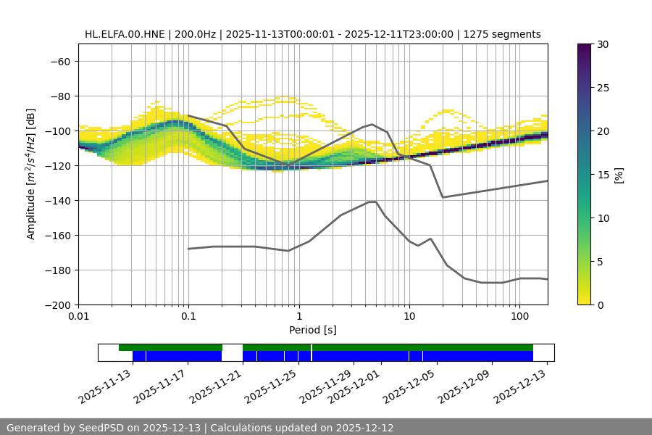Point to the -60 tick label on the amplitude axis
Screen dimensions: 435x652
point(59,62)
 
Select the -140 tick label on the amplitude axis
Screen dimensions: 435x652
point(56,201)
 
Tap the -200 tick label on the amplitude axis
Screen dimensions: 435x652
point(56,305)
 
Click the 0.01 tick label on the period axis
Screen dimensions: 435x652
point(78,317)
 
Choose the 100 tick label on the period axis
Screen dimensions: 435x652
point(519,317)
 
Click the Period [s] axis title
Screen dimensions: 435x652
point(313,330)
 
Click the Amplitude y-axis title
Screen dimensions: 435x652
point(31,174)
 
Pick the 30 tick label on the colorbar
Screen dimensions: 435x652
point(603,44)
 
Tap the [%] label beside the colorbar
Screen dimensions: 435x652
point(619,175)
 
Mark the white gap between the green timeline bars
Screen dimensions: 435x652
point(232,348)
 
